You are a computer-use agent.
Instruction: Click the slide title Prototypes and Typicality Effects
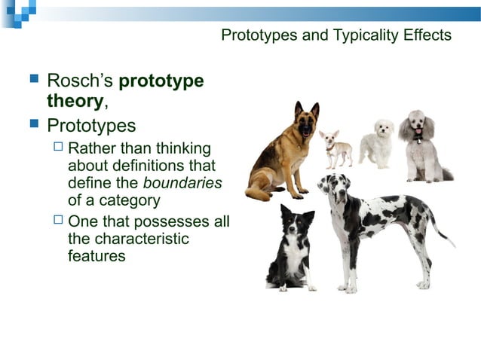tap(336, 35)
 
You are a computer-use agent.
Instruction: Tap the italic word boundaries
tap(182, 183)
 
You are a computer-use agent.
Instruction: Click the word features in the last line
tap(97, 257)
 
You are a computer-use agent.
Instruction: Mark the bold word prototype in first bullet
tap(161, 81)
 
